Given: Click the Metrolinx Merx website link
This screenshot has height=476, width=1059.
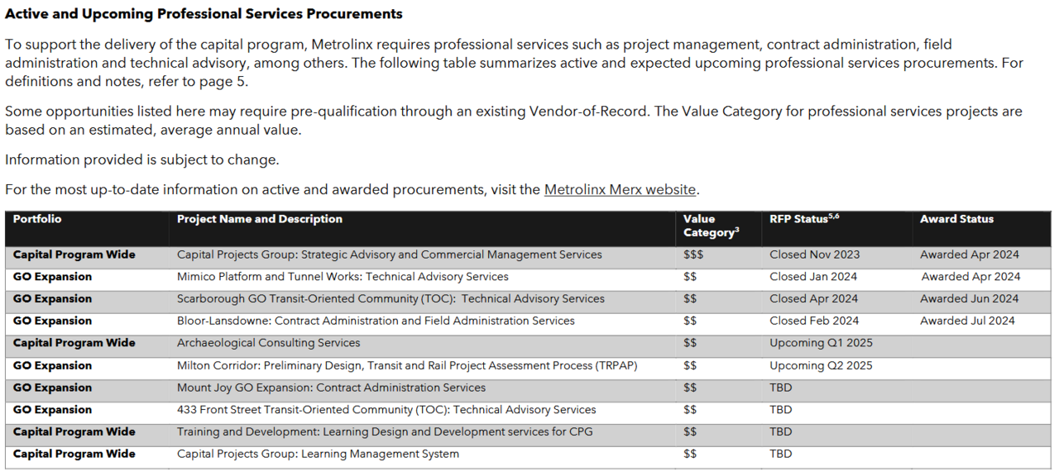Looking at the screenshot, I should (620, 190).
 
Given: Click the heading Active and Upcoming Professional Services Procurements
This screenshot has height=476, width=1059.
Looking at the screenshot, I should (204, 14).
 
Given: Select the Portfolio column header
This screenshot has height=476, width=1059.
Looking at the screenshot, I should (37, 219).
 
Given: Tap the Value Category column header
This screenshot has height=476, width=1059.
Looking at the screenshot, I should (711, 226).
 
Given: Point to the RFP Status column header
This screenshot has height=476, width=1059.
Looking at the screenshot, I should (804, 219).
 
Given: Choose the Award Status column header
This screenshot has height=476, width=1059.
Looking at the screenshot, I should (956, 219).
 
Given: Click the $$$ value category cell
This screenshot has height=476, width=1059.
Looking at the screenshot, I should (693, 255).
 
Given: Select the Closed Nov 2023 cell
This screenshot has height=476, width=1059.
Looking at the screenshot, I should (814, 255).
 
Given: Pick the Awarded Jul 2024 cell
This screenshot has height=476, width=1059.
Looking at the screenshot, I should (967, 321).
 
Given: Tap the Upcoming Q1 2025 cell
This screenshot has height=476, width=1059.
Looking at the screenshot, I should (821, 343).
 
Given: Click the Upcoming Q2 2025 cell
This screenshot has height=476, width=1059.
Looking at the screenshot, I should (821, 365).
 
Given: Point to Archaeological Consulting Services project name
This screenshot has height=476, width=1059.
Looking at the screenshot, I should (269, 343).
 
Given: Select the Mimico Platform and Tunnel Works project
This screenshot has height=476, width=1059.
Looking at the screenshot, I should (343, 277).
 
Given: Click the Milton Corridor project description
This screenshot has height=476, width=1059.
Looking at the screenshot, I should (407, 365).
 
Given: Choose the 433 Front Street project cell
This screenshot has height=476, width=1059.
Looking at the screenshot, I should (386, 410).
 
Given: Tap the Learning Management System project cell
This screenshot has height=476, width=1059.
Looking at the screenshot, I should (318, 454).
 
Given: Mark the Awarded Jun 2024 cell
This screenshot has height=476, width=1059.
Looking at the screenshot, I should (970, 299).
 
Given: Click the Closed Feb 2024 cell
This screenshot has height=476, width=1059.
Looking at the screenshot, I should (814, 321).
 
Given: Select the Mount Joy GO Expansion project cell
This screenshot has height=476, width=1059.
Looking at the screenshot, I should (331, 388).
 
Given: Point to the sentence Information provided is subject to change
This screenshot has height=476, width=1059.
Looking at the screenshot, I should (141, 159).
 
